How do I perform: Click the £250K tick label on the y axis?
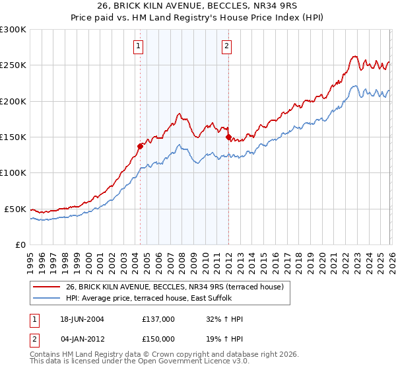[x=13, y=65]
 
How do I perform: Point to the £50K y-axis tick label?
[x=15, y=209]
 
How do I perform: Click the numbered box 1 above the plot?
[x=139, y=46]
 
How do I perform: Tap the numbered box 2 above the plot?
[x=226, y=46]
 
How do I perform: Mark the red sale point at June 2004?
[x=140, y=146]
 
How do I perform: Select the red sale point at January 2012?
[x=228, y=137]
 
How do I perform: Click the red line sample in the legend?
[x=46, y=287]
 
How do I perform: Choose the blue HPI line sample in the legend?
[x=46, y=298]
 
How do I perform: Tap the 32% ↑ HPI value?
[x=221, y=318]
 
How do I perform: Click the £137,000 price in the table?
[x=158, y=318]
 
